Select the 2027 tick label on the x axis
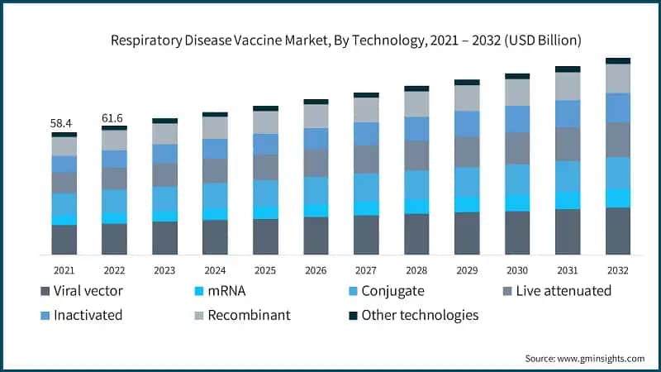(366, 269)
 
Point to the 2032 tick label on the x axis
(617, 269)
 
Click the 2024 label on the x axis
(215, 269)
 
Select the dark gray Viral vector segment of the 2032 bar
(618, 231)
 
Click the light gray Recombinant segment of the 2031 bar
(568, 87)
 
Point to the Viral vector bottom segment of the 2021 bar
(64, 239)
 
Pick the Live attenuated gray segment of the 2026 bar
(316, 163)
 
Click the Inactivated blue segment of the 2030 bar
(517, 118)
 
